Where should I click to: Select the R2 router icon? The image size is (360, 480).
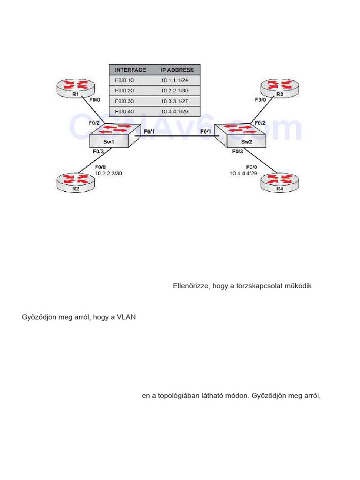pyautogui.click(x=75, y=182)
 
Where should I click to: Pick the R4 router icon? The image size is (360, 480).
pyautogui.click(x=279, y=182)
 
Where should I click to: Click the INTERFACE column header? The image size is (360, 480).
pyautogui.click(x=130, y=70)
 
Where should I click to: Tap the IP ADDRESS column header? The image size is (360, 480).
pyautogui.click(x=177, y=70)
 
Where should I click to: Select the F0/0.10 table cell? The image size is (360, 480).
pyautogui.click(x=124, y=80)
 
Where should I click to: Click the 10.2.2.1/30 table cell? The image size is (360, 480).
pyautogui.click(x=174, y=90)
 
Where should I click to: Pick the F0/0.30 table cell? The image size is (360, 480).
pyautogui.click(x=124, y=101)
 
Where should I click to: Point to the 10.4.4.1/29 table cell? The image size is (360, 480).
pyautogui.click(x=174, y=112)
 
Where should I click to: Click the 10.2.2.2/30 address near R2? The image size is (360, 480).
pyautogui.click(x=109, y=173)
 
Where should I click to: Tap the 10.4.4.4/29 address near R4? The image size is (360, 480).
pyautogui.click(x=243, y=173)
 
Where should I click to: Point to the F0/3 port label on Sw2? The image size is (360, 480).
pyautogui.click(x=238, y=151)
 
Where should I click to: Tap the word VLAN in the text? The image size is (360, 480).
pyautogui.click(x=126, y=317)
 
